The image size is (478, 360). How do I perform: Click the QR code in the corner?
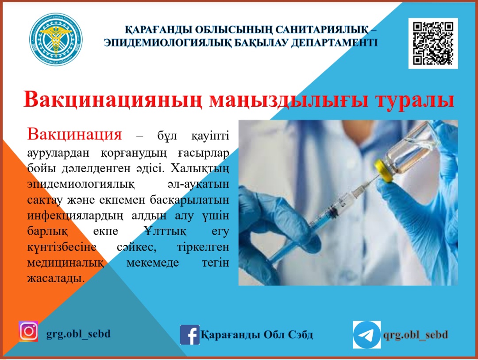(433, 43)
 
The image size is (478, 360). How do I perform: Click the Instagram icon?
(28, 331)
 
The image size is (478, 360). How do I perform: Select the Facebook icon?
(189, 334)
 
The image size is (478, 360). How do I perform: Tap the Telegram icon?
(366, 335)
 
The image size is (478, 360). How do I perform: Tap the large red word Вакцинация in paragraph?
(74, 133)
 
